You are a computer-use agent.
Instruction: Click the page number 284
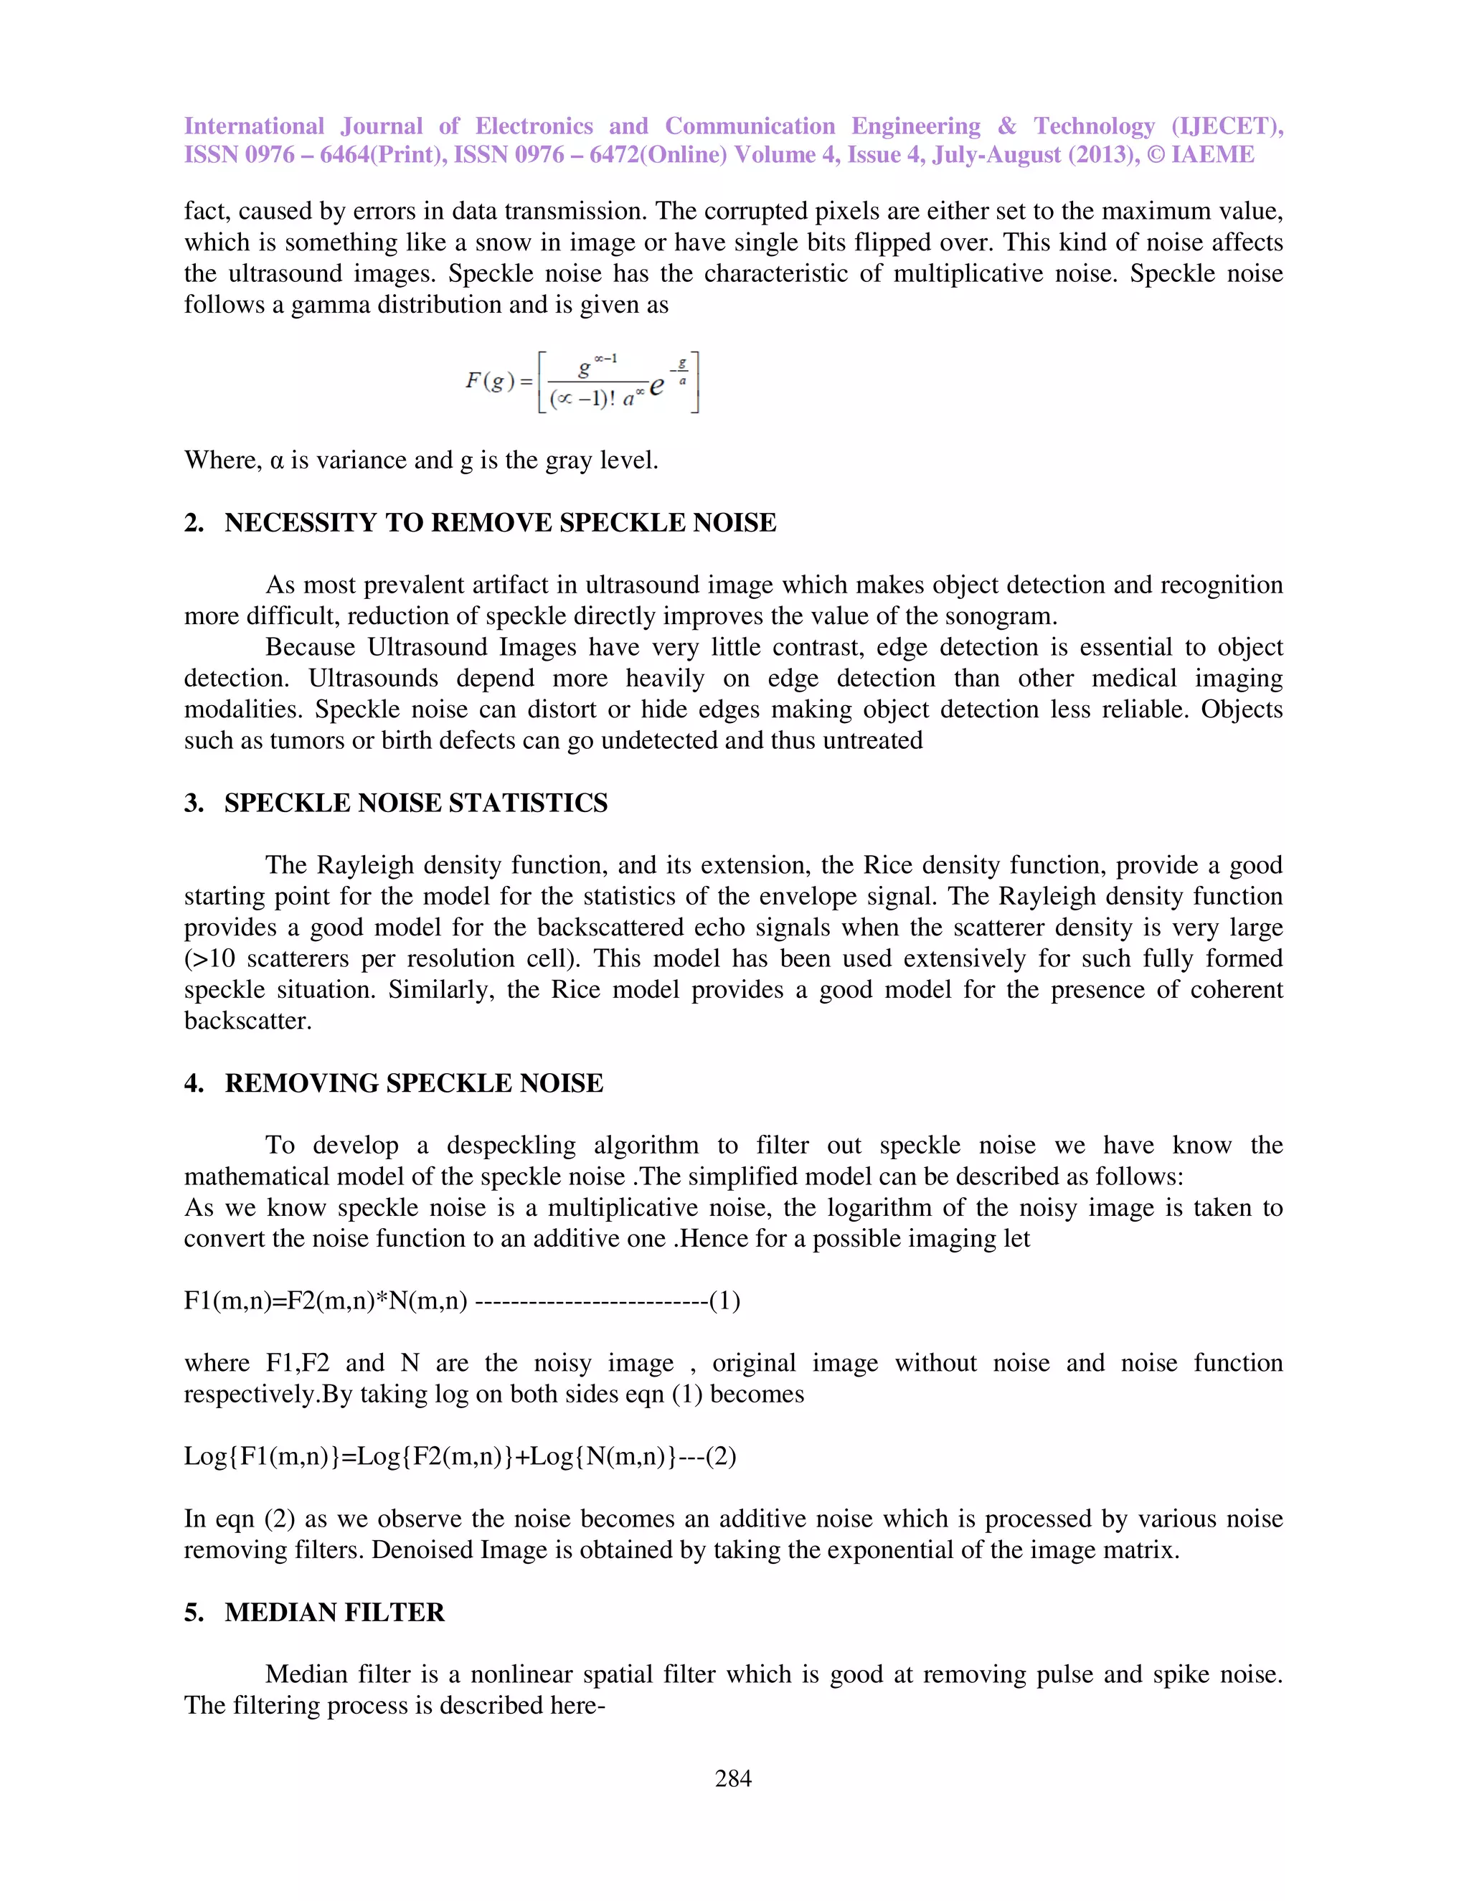coord(733,1778)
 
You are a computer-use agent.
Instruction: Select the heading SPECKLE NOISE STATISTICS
coord(415,803)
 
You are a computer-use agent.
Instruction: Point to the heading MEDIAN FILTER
coord(334,1612)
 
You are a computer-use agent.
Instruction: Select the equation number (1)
coord(724,1301)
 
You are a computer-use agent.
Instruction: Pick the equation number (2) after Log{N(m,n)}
coord(721,1456)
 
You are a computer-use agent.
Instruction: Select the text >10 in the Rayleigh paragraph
coord(209,958)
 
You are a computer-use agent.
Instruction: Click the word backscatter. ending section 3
coord(247,1021)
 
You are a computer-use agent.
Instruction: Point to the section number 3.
coord(193,803)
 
